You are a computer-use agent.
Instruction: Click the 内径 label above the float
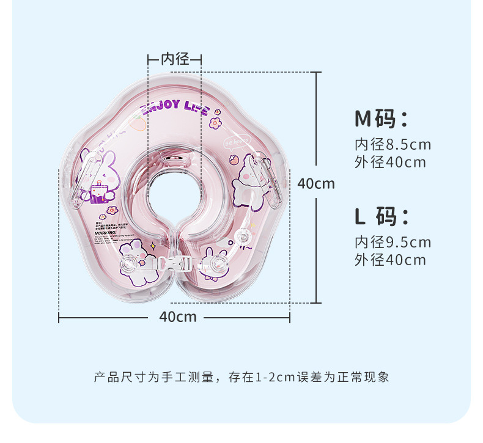coord(175,59)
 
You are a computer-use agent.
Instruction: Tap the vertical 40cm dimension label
coord(315,183)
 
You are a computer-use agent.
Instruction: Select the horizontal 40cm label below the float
coord(178,317)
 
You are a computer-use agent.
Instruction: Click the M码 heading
coord(380,118)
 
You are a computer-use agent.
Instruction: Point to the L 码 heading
coord(380,216)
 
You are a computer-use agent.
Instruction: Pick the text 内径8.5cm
coord(393,145)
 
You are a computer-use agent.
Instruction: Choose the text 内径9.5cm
coord(393,243)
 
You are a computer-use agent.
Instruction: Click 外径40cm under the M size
coord(390,163)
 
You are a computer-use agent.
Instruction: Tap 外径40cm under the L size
coord(390,260)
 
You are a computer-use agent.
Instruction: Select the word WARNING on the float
coord(107,233)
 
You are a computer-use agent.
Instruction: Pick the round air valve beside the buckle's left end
coord(130,265)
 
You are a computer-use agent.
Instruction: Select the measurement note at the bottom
coord(241,377)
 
